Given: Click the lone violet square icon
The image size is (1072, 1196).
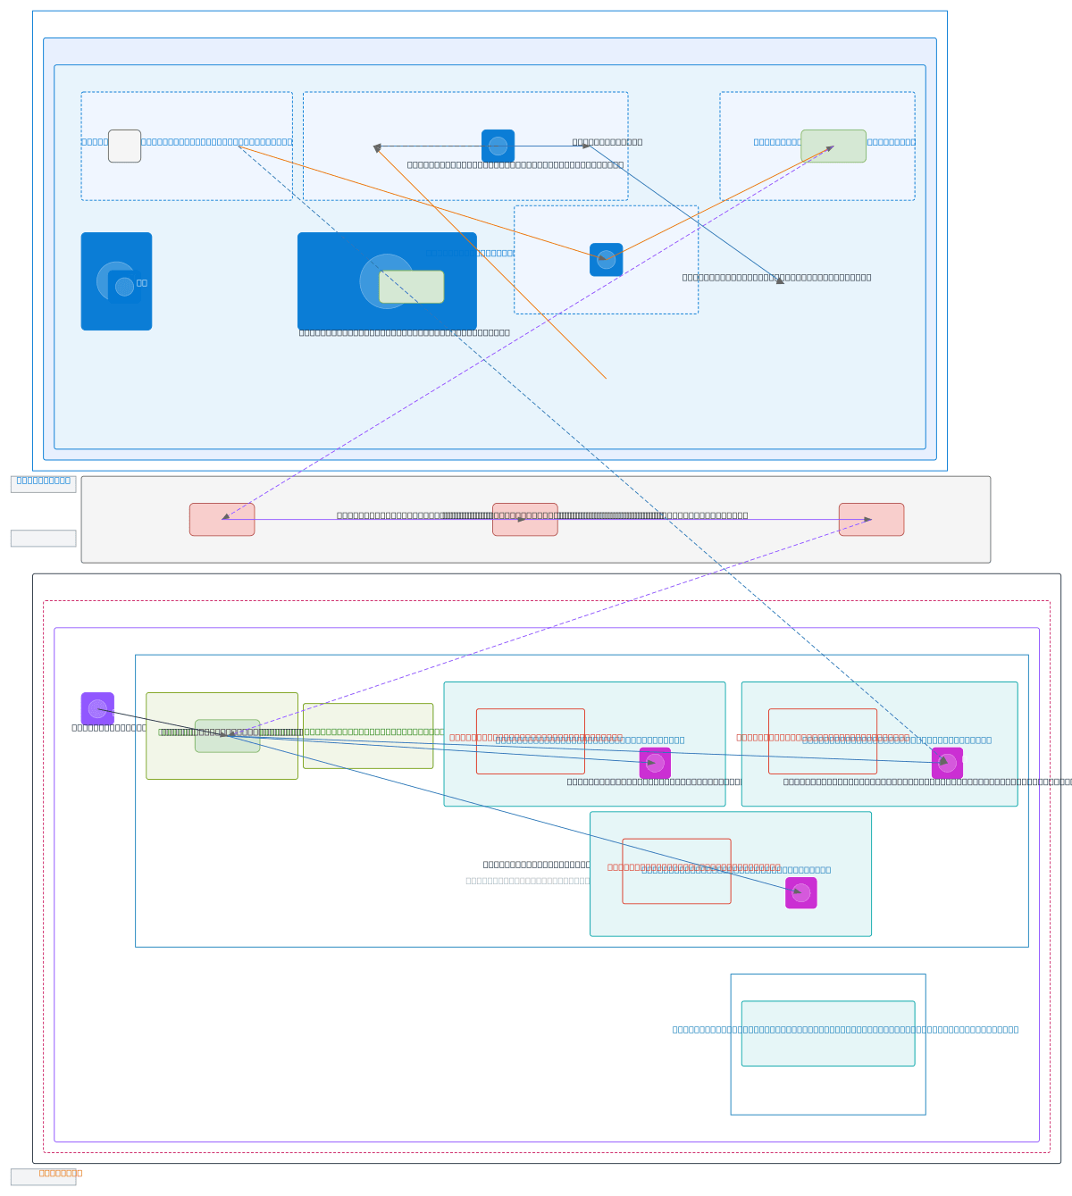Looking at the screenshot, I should (x=97, y=708).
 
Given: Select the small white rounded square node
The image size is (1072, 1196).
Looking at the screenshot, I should (x=124, y=146).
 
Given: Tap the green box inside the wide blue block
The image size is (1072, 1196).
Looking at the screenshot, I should (x=411, y=287).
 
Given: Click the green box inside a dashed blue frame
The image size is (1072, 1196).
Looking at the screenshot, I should (x=833, y=146).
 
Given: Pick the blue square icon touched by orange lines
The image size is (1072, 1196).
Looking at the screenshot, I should (x=606, y=259).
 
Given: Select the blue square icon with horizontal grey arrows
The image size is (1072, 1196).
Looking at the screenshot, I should (x=498, y=146).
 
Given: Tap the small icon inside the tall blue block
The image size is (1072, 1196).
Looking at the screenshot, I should (x=124, y=287).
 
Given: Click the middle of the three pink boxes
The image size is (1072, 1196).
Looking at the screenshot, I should (x=524, y=519).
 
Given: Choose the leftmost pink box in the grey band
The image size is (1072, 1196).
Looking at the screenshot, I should (x=222, y=519).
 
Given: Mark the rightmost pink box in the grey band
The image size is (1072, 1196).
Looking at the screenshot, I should (x=871, y=519).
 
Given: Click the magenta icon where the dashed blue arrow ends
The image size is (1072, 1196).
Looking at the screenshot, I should (x=947, y=763).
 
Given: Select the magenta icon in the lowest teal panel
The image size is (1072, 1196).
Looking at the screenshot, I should (x=800, y=892).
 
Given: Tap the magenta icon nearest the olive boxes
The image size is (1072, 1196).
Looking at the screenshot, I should (x=655, y=763).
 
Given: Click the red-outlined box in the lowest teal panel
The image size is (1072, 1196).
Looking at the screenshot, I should (x=676, y=871).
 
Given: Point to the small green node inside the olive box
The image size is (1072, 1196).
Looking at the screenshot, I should (x=227, y=736).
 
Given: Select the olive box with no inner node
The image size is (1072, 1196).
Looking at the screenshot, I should (x=368, y=736).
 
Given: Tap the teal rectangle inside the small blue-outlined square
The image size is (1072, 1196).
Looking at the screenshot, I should (x=827, y=1033).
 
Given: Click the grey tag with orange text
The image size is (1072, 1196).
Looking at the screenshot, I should (x=43, y=1176).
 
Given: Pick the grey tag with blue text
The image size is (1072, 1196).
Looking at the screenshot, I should (x=43, y=483).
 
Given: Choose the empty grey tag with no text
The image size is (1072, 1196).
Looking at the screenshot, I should (x=43, y=538).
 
